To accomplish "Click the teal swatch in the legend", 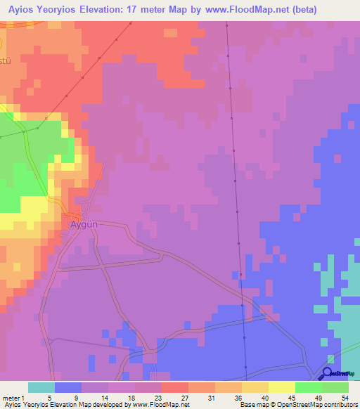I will [x=41, y=387].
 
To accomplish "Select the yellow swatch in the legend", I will [x=282, y=387].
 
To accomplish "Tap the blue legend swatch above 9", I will [x=68, y=387].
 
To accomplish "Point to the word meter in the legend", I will [x=11, y=398].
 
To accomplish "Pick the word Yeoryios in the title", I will [x=59, y=10].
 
